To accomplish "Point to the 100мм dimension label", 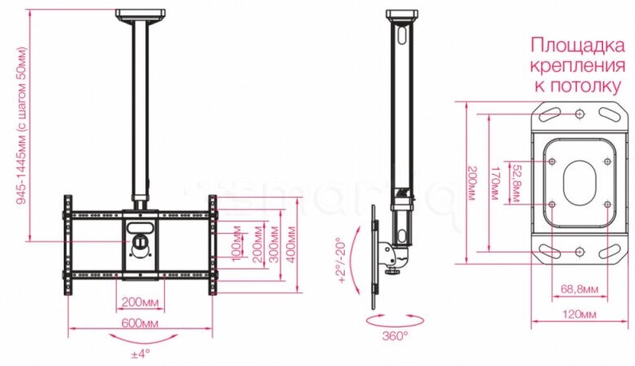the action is (236, 243).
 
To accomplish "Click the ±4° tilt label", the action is (141, 354).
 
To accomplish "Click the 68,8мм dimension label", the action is (579, 288).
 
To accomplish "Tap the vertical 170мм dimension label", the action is (495, 184).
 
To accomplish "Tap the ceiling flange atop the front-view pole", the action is (140, 15).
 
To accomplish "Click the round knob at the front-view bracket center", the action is (141, 242).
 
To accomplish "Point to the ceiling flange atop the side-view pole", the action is (401, 15).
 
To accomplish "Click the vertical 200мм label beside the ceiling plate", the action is (473, 184).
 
